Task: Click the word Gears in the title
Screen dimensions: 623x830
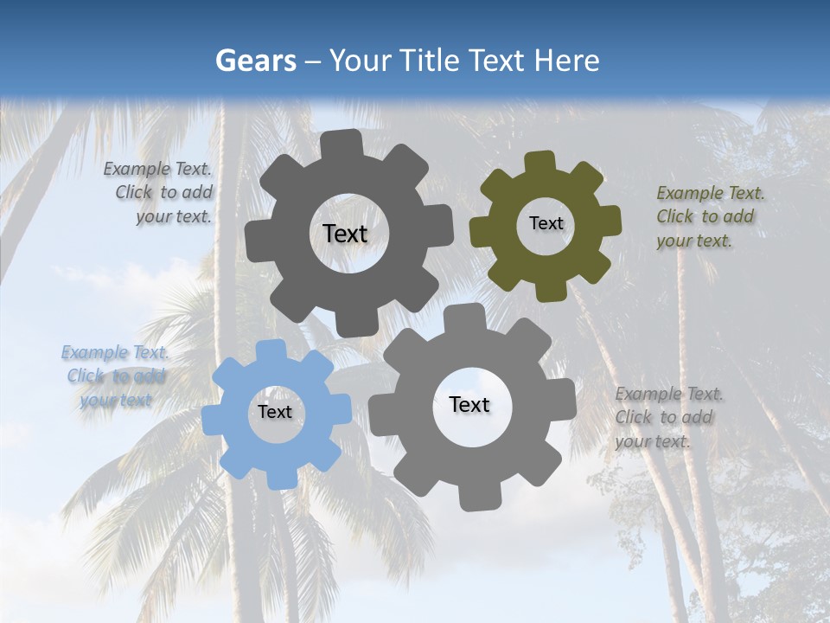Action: point(255,61)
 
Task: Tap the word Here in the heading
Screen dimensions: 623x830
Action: point(566,61)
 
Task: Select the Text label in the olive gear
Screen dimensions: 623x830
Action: point(546,223)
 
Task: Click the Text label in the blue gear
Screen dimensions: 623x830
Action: point(275,412)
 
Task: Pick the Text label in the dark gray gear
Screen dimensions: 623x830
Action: point(345,234)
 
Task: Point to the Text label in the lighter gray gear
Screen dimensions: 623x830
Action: point(469,404)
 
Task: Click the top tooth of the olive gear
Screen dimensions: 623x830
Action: point(540,162)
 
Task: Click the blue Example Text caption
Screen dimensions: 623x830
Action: point(116,376)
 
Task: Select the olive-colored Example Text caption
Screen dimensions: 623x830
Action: point(710,216)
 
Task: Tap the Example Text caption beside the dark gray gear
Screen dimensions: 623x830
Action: point(159,192)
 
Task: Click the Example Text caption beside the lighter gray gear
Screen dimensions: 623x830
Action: point(667,417)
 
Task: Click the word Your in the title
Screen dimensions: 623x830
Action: point(355,61)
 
